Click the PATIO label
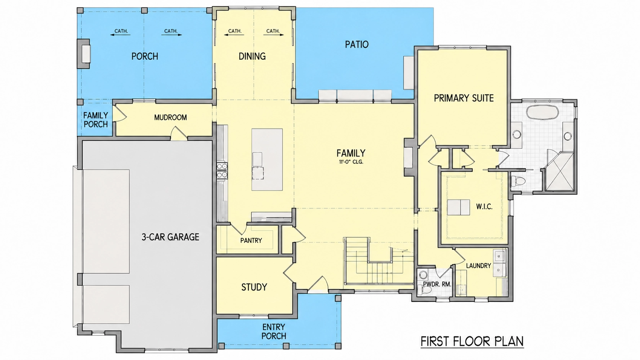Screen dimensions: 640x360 pos(357,44)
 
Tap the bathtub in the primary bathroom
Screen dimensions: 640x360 pos(542,112)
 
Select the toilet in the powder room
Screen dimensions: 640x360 pos(424,290)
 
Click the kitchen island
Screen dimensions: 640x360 pos(267,160)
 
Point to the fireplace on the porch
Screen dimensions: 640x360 pos(84,54)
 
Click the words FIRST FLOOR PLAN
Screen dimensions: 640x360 pos(472,341)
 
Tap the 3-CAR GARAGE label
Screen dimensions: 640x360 pos(170,237)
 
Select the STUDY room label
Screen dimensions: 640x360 pos(254,287)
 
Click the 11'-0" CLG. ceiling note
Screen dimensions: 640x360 pos(351,162)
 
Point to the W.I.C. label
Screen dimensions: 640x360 pos(484,207)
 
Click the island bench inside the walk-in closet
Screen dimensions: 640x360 pos(459,207)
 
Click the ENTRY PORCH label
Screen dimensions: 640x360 pos(274,331)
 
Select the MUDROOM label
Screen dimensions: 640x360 pos(170,117)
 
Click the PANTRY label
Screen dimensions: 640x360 pos(251,241)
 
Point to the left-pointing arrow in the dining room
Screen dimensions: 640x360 pos(234,35)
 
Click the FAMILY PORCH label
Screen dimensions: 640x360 pos(95,120)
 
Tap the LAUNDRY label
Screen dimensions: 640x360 pos(478,266)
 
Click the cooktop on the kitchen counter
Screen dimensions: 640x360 pos(222,171)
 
